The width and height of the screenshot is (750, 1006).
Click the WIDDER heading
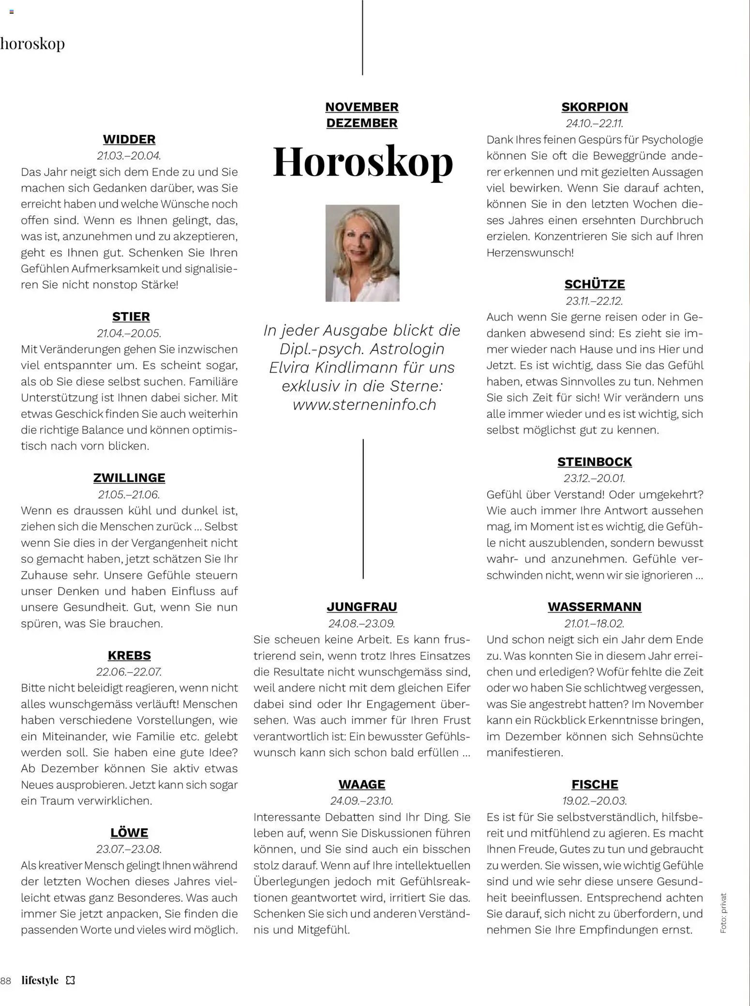pos(129,139)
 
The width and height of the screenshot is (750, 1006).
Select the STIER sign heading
pos(131,316)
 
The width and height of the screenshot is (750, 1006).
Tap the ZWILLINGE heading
pos(129,478)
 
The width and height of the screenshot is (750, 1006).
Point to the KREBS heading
pos(129,655)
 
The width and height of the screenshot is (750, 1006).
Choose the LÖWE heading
pos(129,832)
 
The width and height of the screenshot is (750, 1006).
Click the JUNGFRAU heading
pos(362,607)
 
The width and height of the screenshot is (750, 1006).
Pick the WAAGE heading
pos(362,784)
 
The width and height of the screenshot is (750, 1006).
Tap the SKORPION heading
pos(595,107)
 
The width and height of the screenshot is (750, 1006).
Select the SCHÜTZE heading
pos(595,284)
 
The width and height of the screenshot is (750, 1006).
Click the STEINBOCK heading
pos(595,462)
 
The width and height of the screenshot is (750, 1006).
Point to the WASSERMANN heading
pos(595,607)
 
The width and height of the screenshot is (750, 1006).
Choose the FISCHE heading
pos(595,784)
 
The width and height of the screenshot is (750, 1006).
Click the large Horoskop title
pos(363,162)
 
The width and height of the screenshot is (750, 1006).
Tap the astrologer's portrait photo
pos(362,253)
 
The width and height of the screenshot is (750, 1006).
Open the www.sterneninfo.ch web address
pos(364,405)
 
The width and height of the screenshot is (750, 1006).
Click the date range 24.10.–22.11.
pos(595,123)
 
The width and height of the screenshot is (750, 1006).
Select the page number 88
pos(6,981)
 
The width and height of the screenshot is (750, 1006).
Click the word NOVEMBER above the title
pos(362,107)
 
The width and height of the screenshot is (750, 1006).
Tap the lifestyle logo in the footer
pos(40,980)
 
